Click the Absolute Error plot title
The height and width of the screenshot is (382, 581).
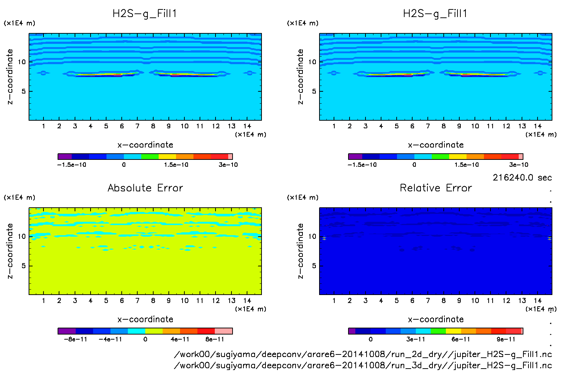(x=145, y=188)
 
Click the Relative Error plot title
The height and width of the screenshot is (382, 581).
(x=436, y=188)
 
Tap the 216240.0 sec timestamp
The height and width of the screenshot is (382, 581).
(x=522, y=178)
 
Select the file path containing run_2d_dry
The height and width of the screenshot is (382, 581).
(x=363, y=354)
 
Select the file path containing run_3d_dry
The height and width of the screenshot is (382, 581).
(x=363, y=365)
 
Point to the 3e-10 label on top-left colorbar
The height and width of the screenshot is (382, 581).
(x=228, y=165)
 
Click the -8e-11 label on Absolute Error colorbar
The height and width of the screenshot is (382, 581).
(x=75, y=339)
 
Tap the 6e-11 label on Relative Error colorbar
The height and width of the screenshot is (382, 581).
(x=460, y=339)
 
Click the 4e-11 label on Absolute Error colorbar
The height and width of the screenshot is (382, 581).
(x=180, y=339)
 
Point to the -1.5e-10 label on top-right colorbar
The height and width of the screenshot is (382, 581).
(x=362, y=165)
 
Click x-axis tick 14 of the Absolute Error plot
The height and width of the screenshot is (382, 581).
(x=247, y=300)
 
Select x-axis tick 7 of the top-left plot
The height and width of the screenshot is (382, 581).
(x=137, y=126)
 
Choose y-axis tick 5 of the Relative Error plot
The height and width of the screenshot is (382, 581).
(x=314, y=266)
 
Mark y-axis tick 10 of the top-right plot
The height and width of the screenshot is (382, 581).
(x=312, y=62)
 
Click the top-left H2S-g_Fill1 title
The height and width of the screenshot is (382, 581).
(x=145, y=14)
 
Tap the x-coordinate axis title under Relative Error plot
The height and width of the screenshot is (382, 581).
(x=436, y=319)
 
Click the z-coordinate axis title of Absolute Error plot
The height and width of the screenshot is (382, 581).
(x=10, y=251)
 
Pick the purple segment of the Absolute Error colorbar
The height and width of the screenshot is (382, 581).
(x=67, y=331)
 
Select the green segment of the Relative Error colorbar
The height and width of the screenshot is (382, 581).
(x=438, y=331)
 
